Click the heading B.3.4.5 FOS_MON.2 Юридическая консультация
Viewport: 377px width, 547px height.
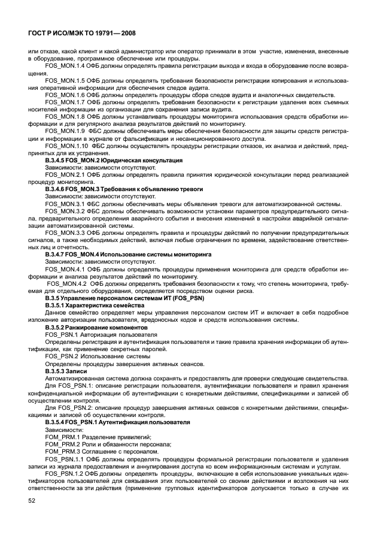(x=114, y=161)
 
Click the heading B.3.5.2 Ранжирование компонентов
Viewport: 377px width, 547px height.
(x=96, y=328)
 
